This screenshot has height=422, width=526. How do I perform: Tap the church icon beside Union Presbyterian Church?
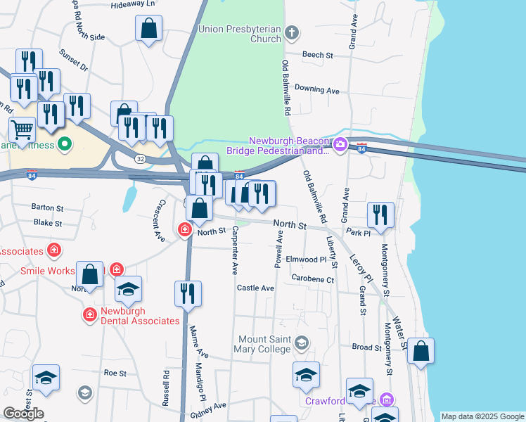(x=292, y=32)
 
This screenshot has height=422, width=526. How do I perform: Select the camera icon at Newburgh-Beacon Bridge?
(x=340, y=145)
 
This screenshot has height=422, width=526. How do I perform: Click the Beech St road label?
(x=317, y=55)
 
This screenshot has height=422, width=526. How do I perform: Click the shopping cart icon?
(x=23, y=129)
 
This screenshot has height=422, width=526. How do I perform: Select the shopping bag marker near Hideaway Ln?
(x=149, y=29)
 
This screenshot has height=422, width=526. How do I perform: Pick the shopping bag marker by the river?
(x=420, y=351)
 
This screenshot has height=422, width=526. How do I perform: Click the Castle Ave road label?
(x=255, y=288)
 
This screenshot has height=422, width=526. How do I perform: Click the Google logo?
(x=23, y=414)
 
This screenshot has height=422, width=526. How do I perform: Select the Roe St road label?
(x=115, y=373)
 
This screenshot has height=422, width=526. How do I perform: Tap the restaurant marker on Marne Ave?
(x=188, y=293)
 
